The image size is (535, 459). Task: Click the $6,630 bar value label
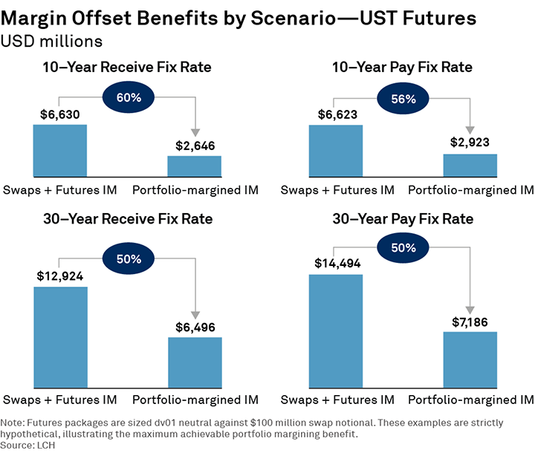click(x=60, y=114)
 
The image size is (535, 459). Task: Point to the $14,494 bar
click(x=336, y=332)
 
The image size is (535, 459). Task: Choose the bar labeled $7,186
click(x=470, y=360)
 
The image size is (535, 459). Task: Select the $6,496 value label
click(x=195, y=326)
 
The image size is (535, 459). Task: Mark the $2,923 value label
click(x=471, y=143)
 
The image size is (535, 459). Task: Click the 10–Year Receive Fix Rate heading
click(x=126, y=68)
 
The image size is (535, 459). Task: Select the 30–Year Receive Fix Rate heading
click(x=126, y=219)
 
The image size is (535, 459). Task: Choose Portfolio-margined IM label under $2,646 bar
click(x=195, y=190)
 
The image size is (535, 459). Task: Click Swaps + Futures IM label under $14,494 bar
click(x=337, y=400)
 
